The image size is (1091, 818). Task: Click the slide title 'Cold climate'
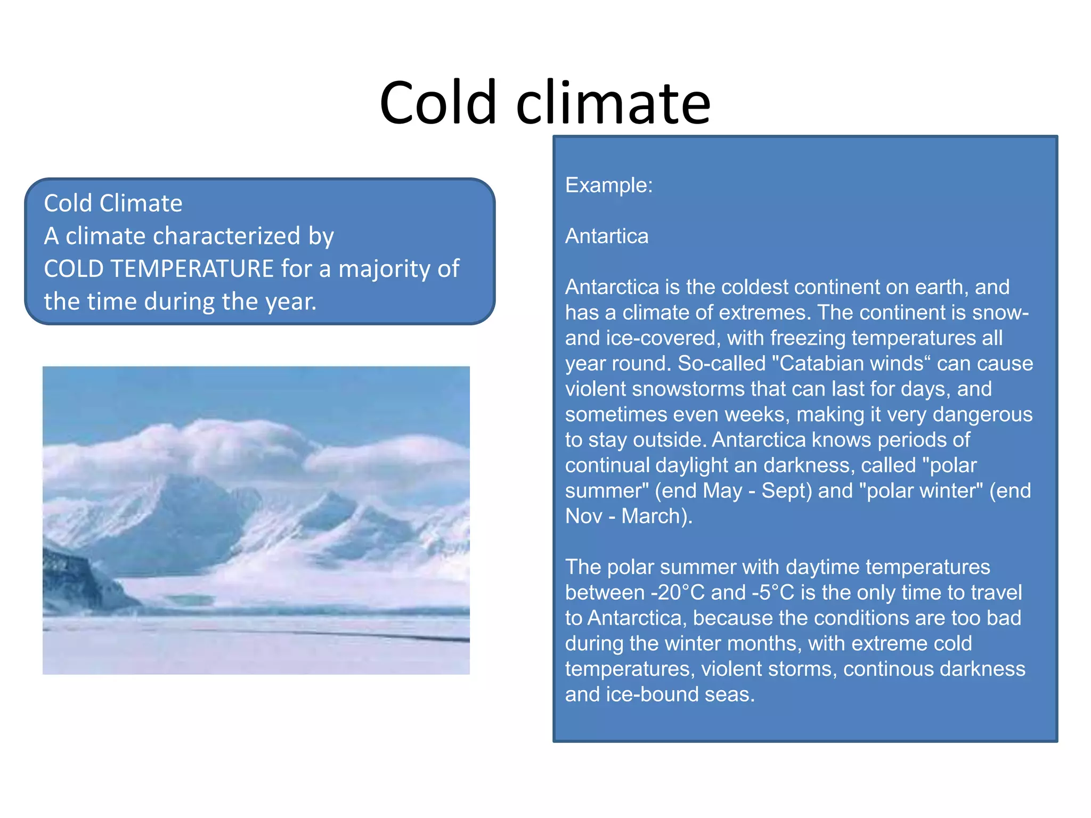(x=545, y=102)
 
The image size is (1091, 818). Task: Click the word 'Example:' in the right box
(x=609, y=185)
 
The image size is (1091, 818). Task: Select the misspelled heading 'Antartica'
(x=607, y=236)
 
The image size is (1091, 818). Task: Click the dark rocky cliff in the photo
(x=80, y=580)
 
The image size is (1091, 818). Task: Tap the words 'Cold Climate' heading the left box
(x=113, y=203)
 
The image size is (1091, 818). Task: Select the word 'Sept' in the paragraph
(x=782, y=491)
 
